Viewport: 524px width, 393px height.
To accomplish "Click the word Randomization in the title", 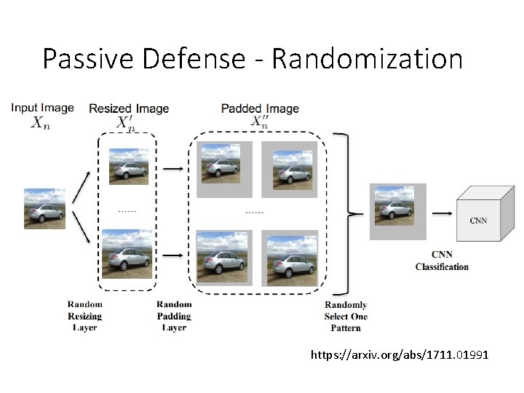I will coord(367,59).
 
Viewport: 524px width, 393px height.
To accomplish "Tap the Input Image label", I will coord(42,108).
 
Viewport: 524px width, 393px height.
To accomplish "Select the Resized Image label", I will coord(129,108).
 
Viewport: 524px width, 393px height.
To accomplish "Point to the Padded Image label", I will coord(260,108).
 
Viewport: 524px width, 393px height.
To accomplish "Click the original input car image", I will coord(44,209).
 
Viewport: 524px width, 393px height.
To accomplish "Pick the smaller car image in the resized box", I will coord(129,167).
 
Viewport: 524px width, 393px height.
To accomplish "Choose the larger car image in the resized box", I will coord(127,253).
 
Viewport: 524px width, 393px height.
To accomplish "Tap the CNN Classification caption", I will coord(442,261).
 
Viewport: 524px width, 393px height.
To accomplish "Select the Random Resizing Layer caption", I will coord(85,316).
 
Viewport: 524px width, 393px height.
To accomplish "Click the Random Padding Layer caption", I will coord(174,316).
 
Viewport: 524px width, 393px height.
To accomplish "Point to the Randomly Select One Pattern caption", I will coord(346,317).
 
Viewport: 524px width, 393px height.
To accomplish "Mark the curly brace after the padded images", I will coord(352,213).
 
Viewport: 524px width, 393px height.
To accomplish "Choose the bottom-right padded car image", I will coord(290,258).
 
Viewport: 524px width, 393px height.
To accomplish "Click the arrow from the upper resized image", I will coord(173,169).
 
